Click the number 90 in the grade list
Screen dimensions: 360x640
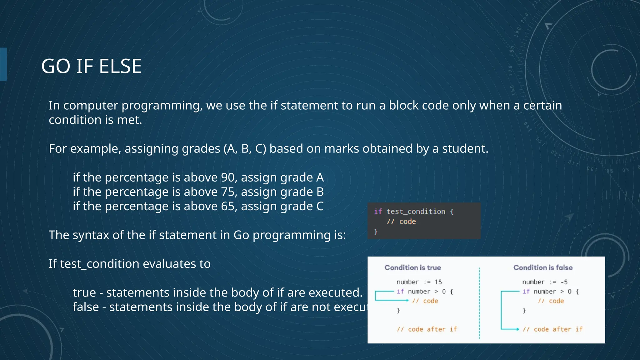[x=228, y=177]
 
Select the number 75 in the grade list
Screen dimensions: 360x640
[x=228, y=192]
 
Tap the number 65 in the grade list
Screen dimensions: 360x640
[x=228, y=206]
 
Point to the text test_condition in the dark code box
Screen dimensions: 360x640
[x=416, y=212]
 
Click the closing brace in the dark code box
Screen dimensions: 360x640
[x=376, y=232]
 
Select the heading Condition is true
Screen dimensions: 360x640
[x=412, y=267]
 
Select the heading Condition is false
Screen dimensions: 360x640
[x=543, y=267]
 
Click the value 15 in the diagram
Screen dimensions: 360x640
[x=438, y=282]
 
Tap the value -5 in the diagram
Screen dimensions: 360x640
[x=564, y=282]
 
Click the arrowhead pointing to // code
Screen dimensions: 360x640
[x=407, y=301]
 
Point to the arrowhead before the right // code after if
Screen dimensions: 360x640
[x=518, y=329]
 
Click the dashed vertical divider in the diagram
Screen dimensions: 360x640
[x=479, y=303]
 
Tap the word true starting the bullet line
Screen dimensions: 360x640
[x=84, y=293]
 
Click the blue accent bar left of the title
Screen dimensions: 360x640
[x=3, y=64]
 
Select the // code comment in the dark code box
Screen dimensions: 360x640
[x=401, y=222]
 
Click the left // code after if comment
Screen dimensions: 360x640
[x=427, y=329]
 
